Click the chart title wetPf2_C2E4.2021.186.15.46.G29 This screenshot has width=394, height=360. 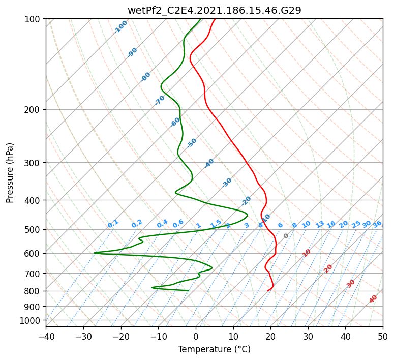[x=214, y=10]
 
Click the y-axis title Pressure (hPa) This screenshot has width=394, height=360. [x=11, y=172]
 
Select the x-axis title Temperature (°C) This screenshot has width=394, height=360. [x=214, y=349]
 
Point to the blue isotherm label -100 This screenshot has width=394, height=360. [x=121, y=26]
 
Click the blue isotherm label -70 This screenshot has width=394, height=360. [x=160, y=100]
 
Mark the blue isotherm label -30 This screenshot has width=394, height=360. [x=227, y=182]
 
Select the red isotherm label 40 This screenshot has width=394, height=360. [x=373, y=298]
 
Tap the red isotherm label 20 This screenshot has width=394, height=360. [x=328, y=268]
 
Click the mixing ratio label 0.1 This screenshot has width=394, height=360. [x=113, y=223]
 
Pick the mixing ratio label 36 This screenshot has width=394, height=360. [x=377, y=224]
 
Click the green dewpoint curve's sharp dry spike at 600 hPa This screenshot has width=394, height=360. [x=95, y=253]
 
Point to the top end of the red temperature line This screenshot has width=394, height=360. [x=215, y=19]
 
